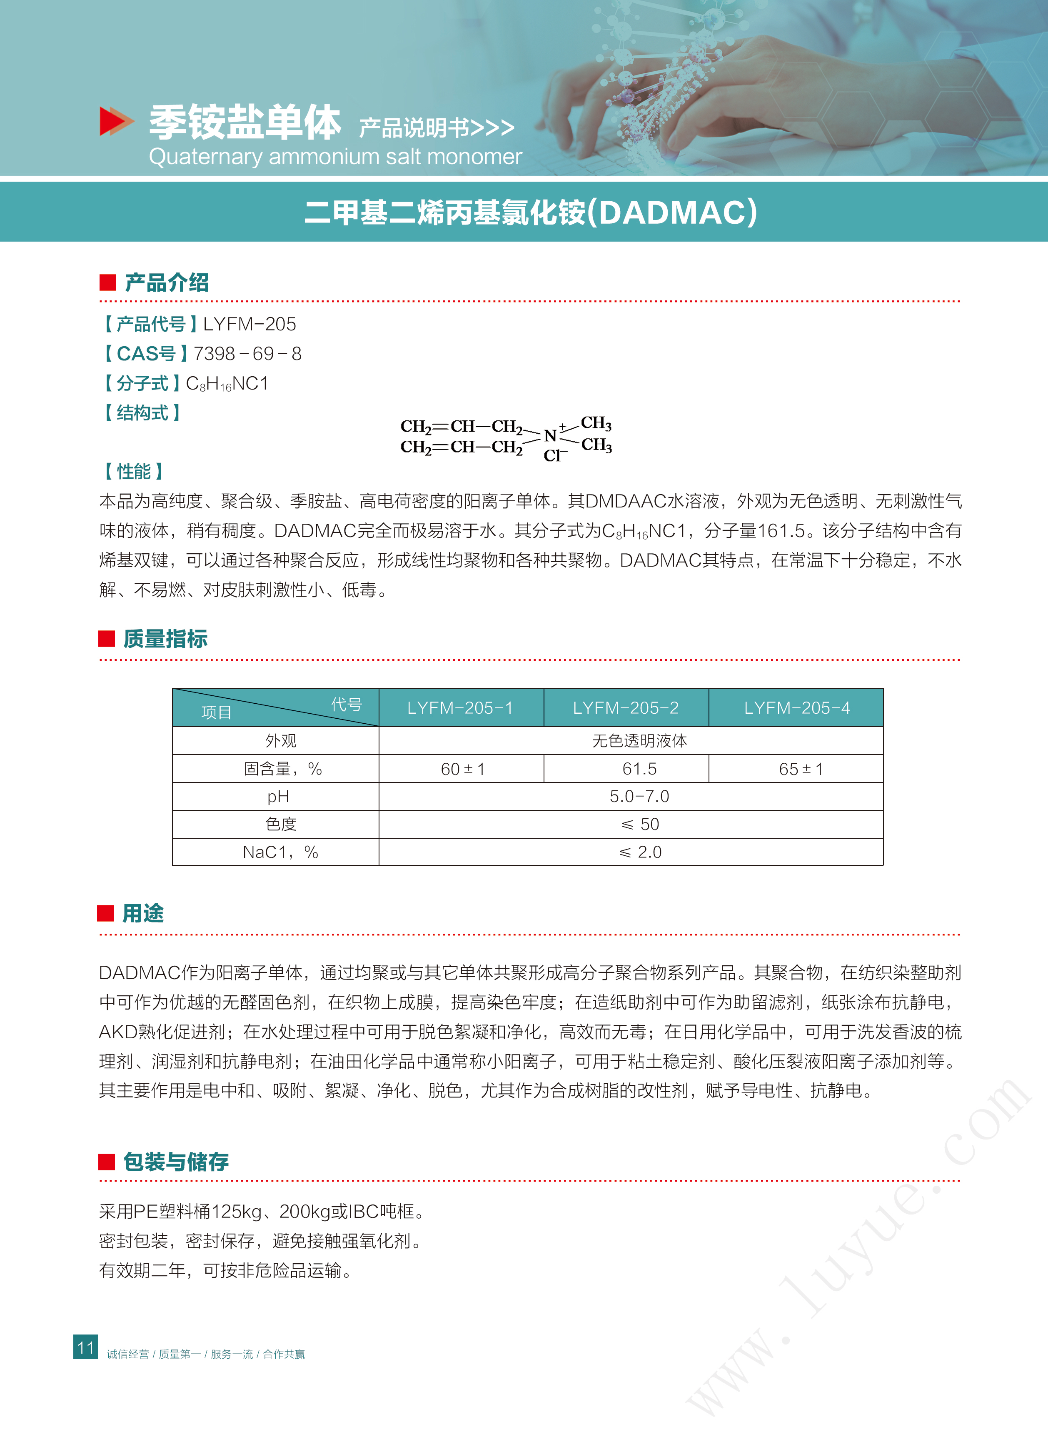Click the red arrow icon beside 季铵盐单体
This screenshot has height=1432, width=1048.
pos(116,121)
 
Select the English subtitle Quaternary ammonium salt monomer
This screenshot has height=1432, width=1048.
pos(335,156)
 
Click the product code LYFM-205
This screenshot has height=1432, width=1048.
pos(250,324)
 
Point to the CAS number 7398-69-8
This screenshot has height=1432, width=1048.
pos(247,353)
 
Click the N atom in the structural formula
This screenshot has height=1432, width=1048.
pos(549,436)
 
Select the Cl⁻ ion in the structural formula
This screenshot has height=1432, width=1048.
pos(553,455)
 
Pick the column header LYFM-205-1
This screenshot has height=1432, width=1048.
pos(460,707)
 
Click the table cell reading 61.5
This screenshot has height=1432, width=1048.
pos(639,769)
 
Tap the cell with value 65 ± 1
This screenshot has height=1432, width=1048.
pos(801,769)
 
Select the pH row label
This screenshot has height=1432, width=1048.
pos(278,796)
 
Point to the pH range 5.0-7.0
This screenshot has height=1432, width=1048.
pos(639,796)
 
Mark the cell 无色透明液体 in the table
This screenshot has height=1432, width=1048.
pos(639,740)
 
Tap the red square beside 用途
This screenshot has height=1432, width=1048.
pos(105,914)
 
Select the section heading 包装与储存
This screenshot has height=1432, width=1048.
pos(176,1162)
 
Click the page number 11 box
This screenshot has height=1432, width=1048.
pos(86,1346)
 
